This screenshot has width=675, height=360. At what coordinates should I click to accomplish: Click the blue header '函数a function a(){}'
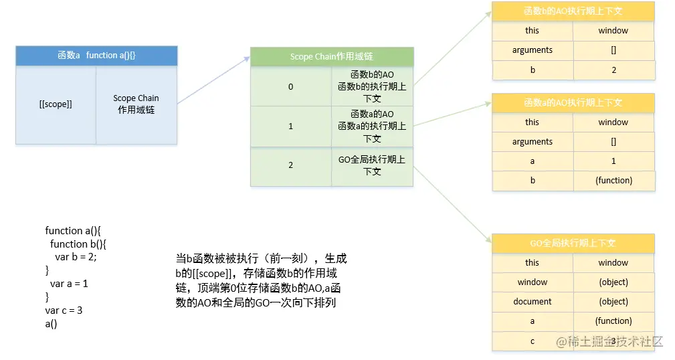tap(96, 56)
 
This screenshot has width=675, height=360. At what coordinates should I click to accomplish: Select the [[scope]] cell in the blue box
tap(56, 104)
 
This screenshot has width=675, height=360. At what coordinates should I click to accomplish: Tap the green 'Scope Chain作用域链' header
tap(332, 57)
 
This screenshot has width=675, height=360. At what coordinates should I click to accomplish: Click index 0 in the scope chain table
tap(290, 87)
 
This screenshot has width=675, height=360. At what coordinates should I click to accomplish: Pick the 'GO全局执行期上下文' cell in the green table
tap(372, 165)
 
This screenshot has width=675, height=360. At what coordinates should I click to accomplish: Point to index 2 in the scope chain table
tap(290, 165)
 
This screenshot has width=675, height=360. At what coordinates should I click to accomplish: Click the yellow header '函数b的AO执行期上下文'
tap(573, 11)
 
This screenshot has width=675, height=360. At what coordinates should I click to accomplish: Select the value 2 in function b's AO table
tap(613, 70)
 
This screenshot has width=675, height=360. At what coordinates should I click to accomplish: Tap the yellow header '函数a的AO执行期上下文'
tap(573, 103)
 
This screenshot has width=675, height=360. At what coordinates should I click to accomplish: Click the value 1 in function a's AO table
tap(613, 161)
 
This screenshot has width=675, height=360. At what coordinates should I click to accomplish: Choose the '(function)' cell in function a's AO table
tap(613, 181)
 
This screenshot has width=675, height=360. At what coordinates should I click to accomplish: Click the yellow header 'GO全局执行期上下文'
tap(573, 244)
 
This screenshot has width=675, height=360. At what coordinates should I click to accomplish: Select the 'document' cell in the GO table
tap(533, 302)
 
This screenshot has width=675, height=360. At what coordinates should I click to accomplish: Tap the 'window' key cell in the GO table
tap(533, 282)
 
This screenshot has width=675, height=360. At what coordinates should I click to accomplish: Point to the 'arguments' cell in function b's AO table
tap(533, 50)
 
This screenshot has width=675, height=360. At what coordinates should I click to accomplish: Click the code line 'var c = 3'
tap(64, 310)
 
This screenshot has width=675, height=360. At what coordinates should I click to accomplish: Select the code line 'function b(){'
tap(78, 244)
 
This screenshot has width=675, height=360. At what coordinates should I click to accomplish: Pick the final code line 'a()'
tap(52, 324)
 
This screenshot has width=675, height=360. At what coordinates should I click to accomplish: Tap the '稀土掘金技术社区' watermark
tap(609, 341)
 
